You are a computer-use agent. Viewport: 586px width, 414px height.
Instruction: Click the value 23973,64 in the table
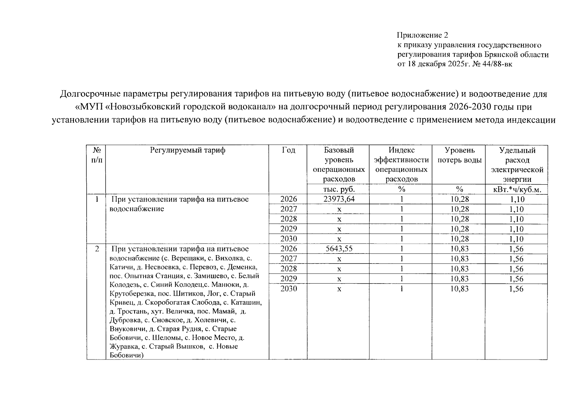click(x=339, y=199)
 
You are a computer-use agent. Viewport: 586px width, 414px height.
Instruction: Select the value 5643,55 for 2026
click(x=339, y=249)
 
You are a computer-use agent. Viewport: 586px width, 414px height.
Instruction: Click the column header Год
click(x=288, y=150)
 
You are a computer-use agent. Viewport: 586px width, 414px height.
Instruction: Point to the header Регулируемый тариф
click(x=188, y=150)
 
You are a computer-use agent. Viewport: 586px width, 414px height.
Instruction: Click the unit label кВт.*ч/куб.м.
click(x=517, y=189)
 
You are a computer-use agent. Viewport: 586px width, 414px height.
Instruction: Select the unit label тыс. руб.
click(x=339, y=189)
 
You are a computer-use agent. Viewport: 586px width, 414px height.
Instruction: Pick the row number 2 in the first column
click(x=97, y=249)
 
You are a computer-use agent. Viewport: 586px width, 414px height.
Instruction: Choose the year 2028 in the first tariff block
click(x=288, y=219)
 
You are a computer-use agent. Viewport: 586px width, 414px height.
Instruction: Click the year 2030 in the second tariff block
click(x=288, y=289)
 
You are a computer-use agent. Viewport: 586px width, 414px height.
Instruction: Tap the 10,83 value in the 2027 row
click(x=459, y=259)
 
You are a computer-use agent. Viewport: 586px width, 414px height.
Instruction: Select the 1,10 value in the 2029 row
click(x=517, y=229)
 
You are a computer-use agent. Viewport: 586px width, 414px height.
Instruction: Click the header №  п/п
click(x=97, y=155)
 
